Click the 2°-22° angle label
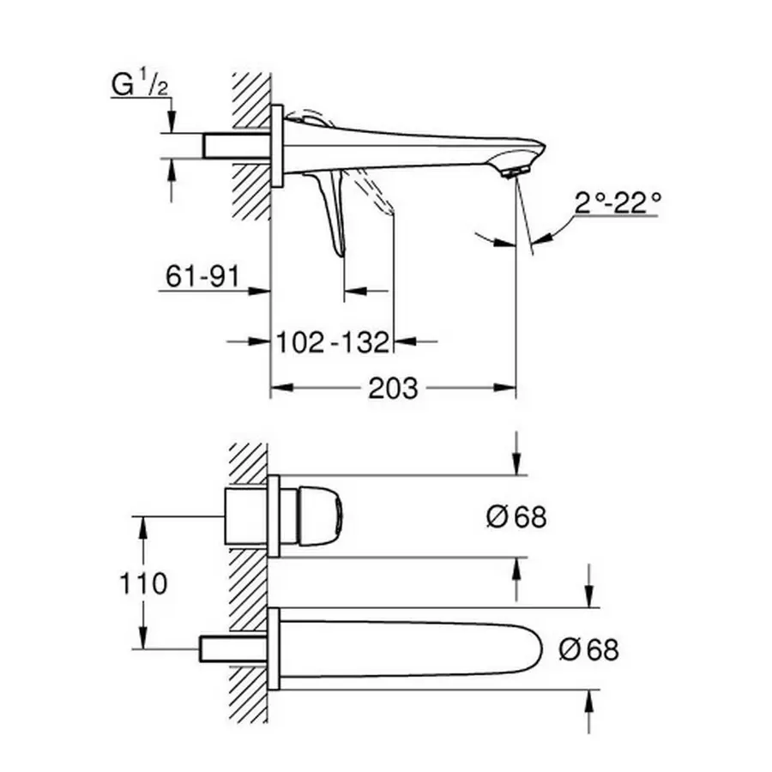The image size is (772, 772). coord(618,202)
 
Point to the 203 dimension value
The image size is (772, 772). coord(393,389)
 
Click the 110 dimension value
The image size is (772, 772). coord(143,584)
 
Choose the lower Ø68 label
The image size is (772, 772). coord(588,649)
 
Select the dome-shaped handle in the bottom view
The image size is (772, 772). coord(321,516)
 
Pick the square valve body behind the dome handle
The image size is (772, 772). coord(246,516)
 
